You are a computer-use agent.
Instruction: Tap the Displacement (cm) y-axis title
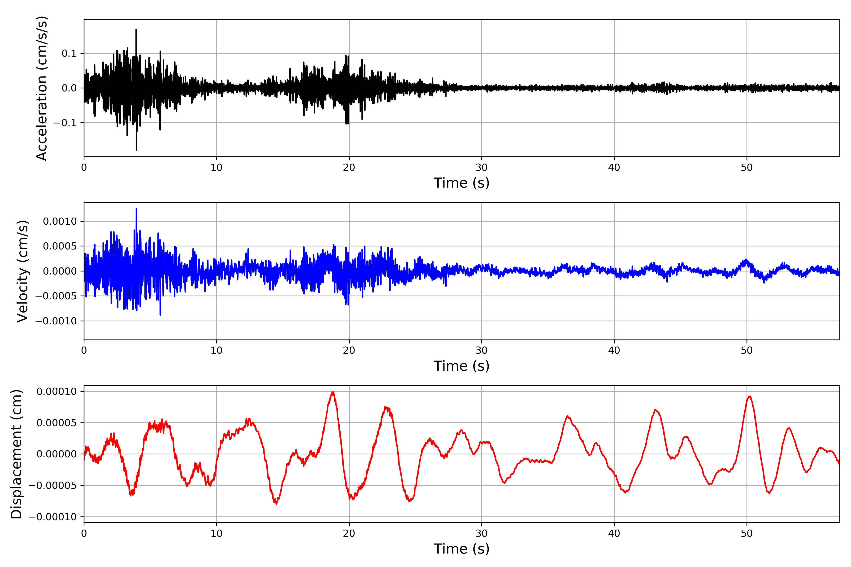pyautogui.click(x=16, y=454)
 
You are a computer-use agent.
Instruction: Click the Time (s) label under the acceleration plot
pyautogui.click(x=461, y=183)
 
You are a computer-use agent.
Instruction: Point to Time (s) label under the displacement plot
pyautogui.click(x=461, y=549)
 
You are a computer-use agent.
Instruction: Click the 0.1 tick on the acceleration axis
pyautogui.click(x=69, y=54)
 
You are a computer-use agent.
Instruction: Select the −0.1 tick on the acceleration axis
pyautogui.click(x=65, y=123)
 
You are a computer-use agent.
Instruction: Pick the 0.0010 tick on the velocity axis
pyautogui.click(x=60, y=221)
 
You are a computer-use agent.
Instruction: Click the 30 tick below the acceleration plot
pyautogui.click(x=482, y=168)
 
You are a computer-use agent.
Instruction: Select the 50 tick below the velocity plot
pyautogui.click(x=747, y=350)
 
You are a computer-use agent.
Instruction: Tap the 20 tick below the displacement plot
pyautogui.click(x=349, y=533)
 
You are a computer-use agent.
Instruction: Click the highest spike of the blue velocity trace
pyautogui.click(x=136, y=209)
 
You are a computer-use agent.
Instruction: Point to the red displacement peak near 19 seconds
pyautogui.click(x=333, y=392)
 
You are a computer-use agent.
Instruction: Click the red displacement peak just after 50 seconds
pyautogui.click(x=750, y=396)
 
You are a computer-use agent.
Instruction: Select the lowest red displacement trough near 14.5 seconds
pyautogui.click(x=276, y=503)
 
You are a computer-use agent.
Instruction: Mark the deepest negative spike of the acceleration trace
pyautogui.click(x=136, y=150)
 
